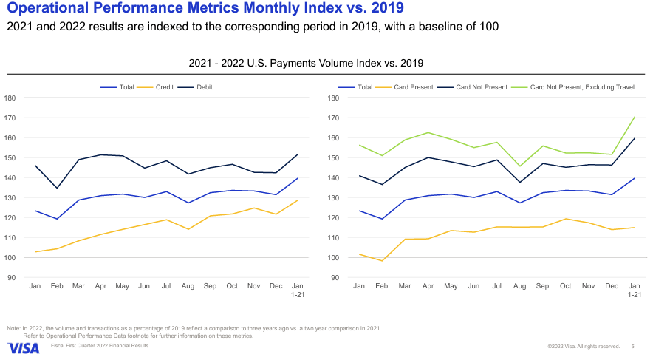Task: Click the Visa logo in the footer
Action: [24, 347]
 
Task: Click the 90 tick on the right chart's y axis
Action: [334, 278]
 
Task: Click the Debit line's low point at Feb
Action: [57, 188]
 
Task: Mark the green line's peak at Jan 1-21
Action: [635, 117]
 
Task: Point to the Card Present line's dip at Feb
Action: [381, 261]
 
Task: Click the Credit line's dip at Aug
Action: [188, 229]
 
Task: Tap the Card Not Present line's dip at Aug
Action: [519, 183]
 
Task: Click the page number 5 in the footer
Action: [632, 346]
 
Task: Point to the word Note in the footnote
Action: [14, 328]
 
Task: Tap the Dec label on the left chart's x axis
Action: [276, 285]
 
